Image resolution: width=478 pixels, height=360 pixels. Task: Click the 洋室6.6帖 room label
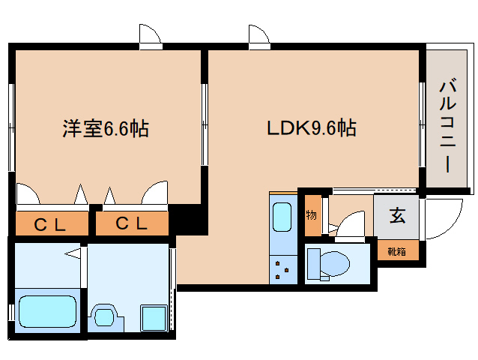point(106,128)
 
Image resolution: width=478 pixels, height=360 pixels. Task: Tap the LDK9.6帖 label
point(312,127)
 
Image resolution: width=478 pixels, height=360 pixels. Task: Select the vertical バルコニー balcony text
point(447,125)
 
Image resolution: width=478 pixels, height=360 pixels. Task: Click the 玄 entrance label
point(397,215)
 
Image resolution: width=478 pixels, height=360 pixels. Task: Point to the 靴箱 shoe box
point(398,250)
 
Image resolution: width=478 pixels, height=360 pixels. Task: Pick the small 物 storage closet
point(312,215)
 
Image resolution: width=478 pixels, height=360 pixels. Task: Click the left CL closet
point(52,223)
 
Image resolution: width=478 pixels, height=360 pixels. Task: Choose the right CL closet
point(132,223)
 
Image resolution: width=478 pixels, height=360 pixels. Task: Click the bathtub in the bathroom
point(47,311)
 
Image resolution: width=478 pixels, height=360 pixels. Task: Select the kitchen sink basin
point(282,217)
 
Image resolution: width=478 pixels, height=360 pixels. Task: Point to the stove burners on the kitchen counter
point(282,270)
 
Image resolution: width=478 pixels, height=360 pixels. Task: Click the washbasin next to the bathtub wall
point(105,317)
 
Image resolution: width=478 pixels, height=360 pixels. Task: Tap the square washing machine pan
point(154,318)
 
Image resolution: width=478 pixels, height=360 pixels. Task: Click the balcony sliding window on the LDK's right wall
point(422,125)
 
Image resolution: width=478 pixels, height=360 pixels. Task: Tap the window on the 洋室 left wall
point(12,127)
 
